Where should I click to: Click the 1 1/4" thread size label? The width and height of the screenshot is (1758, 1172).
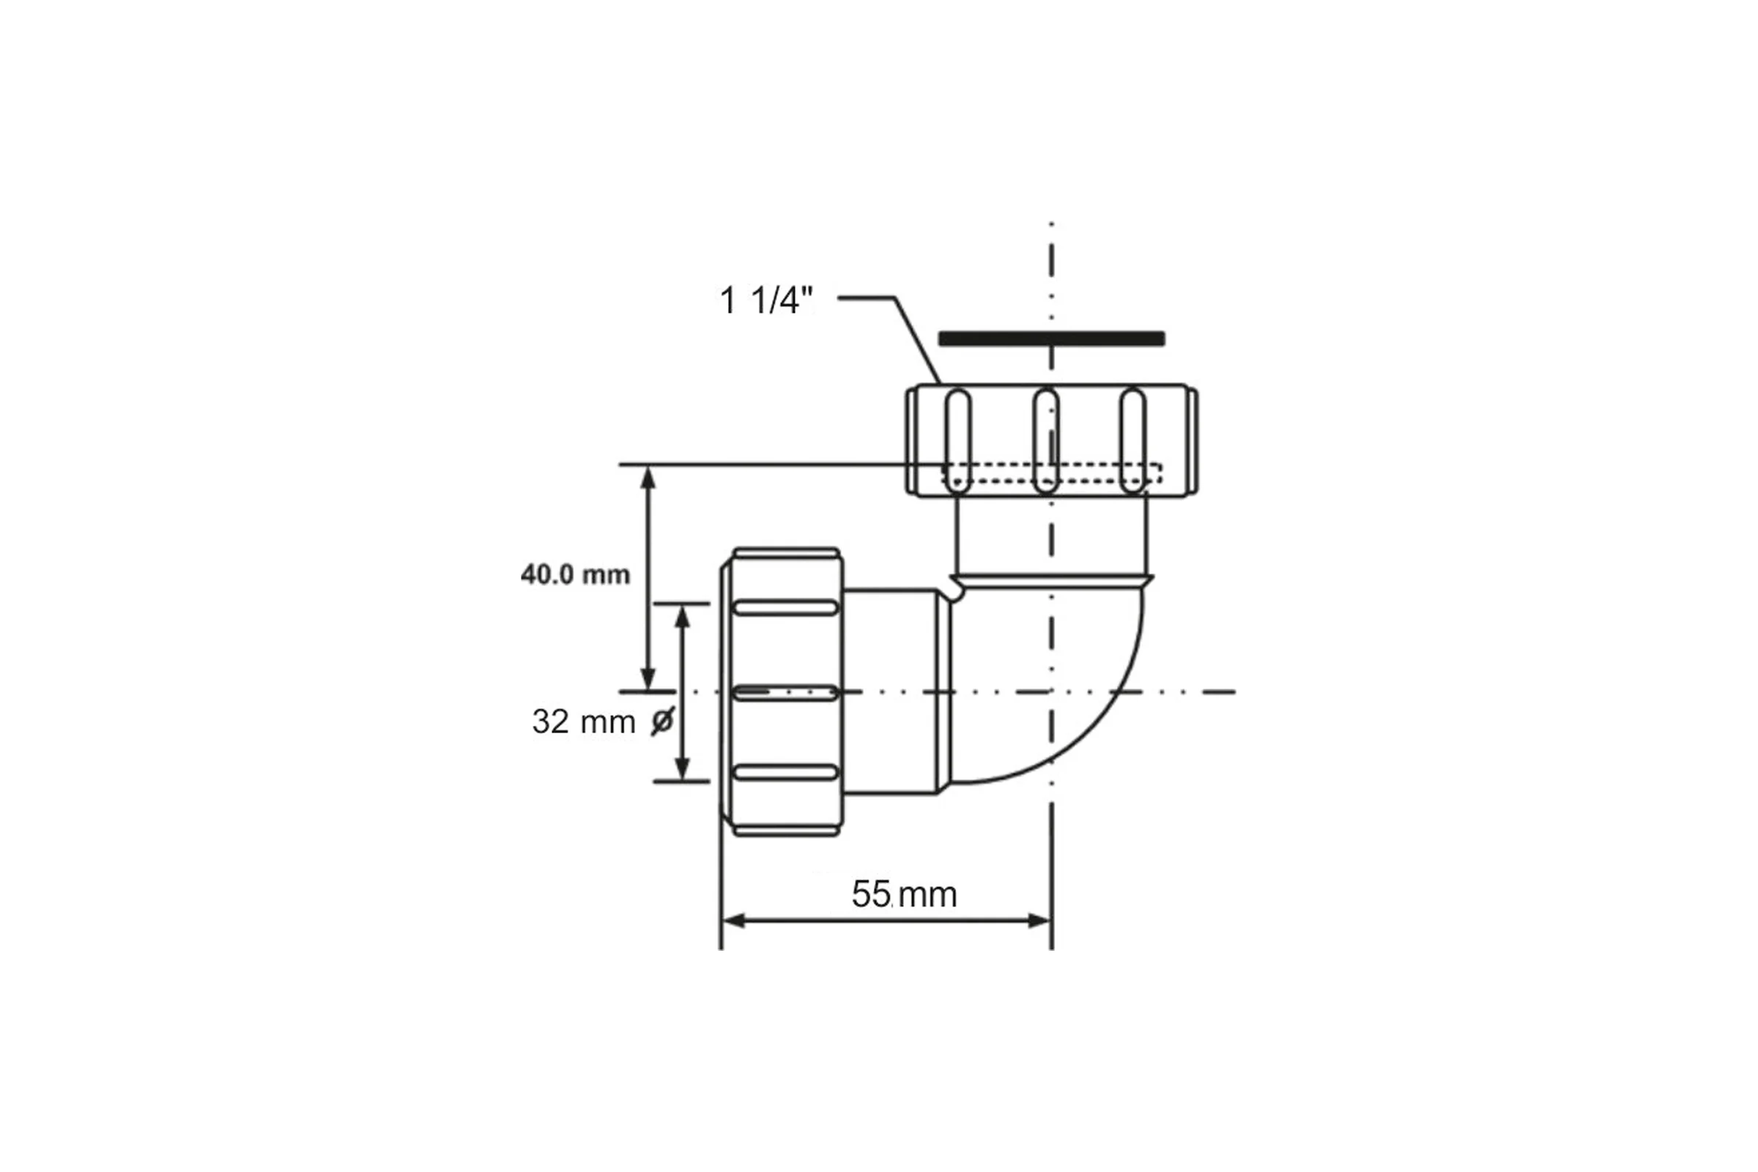(765, 300)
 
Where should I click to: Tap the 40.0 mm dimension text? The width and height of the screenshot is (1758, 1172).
(576, 575)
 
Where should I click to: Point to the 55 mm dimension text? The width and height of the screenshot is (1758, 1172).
(904, 894)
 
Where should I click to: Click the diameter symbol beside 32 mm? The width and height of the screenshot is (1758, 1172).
(663, 722)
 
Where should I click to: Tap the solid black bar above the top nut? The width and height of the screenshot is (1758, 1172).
(1052, 338)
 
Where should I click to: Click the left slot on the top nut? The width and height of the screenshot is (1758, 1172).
(957, 442)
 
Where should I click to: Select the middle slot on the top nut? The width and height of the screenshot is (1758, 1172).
(1046, 442)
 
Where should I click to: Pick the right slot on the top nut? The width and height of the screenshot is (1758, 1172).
(1132, 442)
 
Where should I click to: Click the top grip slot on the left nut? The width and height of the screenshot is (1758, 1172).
(785, 608)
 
